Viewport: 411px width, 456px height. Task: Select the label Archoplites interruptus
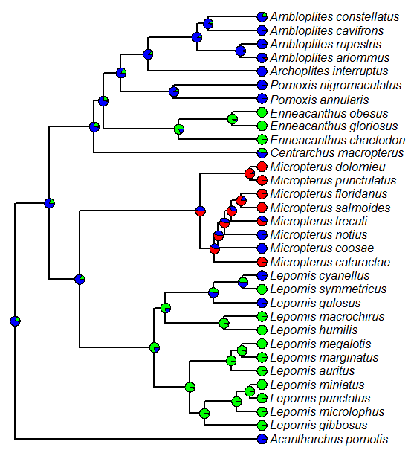coord(329,71)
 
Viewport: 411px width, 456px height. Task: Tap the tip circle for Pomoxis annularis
coord(262,99)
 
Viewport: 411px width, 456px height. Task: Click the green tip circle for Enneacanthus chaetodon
coord(262,140)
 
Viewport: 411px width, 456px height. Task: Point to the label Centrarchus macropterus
coord(337,153)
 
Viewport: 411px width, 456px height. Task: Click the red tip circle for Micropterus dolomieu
coord(262,167)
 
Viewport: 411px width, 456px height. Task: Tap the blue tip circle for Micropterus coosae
coord(262,248)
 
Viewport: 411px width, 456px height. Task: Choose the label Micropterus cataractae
coord(330,263)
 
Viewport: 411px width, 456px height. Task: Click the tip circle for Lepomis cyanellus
coord(262,276)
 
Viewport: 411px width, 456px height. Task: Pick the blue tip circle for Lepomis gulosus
coord(262,304)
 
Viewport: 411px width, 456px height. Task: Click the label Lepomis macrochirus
coord(327,317)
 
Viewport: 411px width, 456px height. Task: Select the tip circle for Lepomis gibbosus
coord(262,426)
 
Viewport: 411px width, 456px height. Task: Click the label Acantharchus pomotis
coord(329,440)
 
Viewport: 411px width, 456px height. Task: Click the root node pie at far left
coord(15,321)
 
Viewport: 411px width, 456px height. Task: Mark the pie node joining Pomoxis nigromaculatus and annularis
coord(174,91)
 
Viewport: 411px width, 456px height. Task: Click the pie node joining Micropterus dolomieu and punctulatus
coord(250,173)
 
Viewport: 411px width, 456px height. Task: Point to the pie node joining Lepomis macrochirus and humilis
coord(224,323)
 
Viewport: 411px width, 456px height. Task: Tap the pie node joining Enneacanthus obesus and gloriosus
coord(233,118)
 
